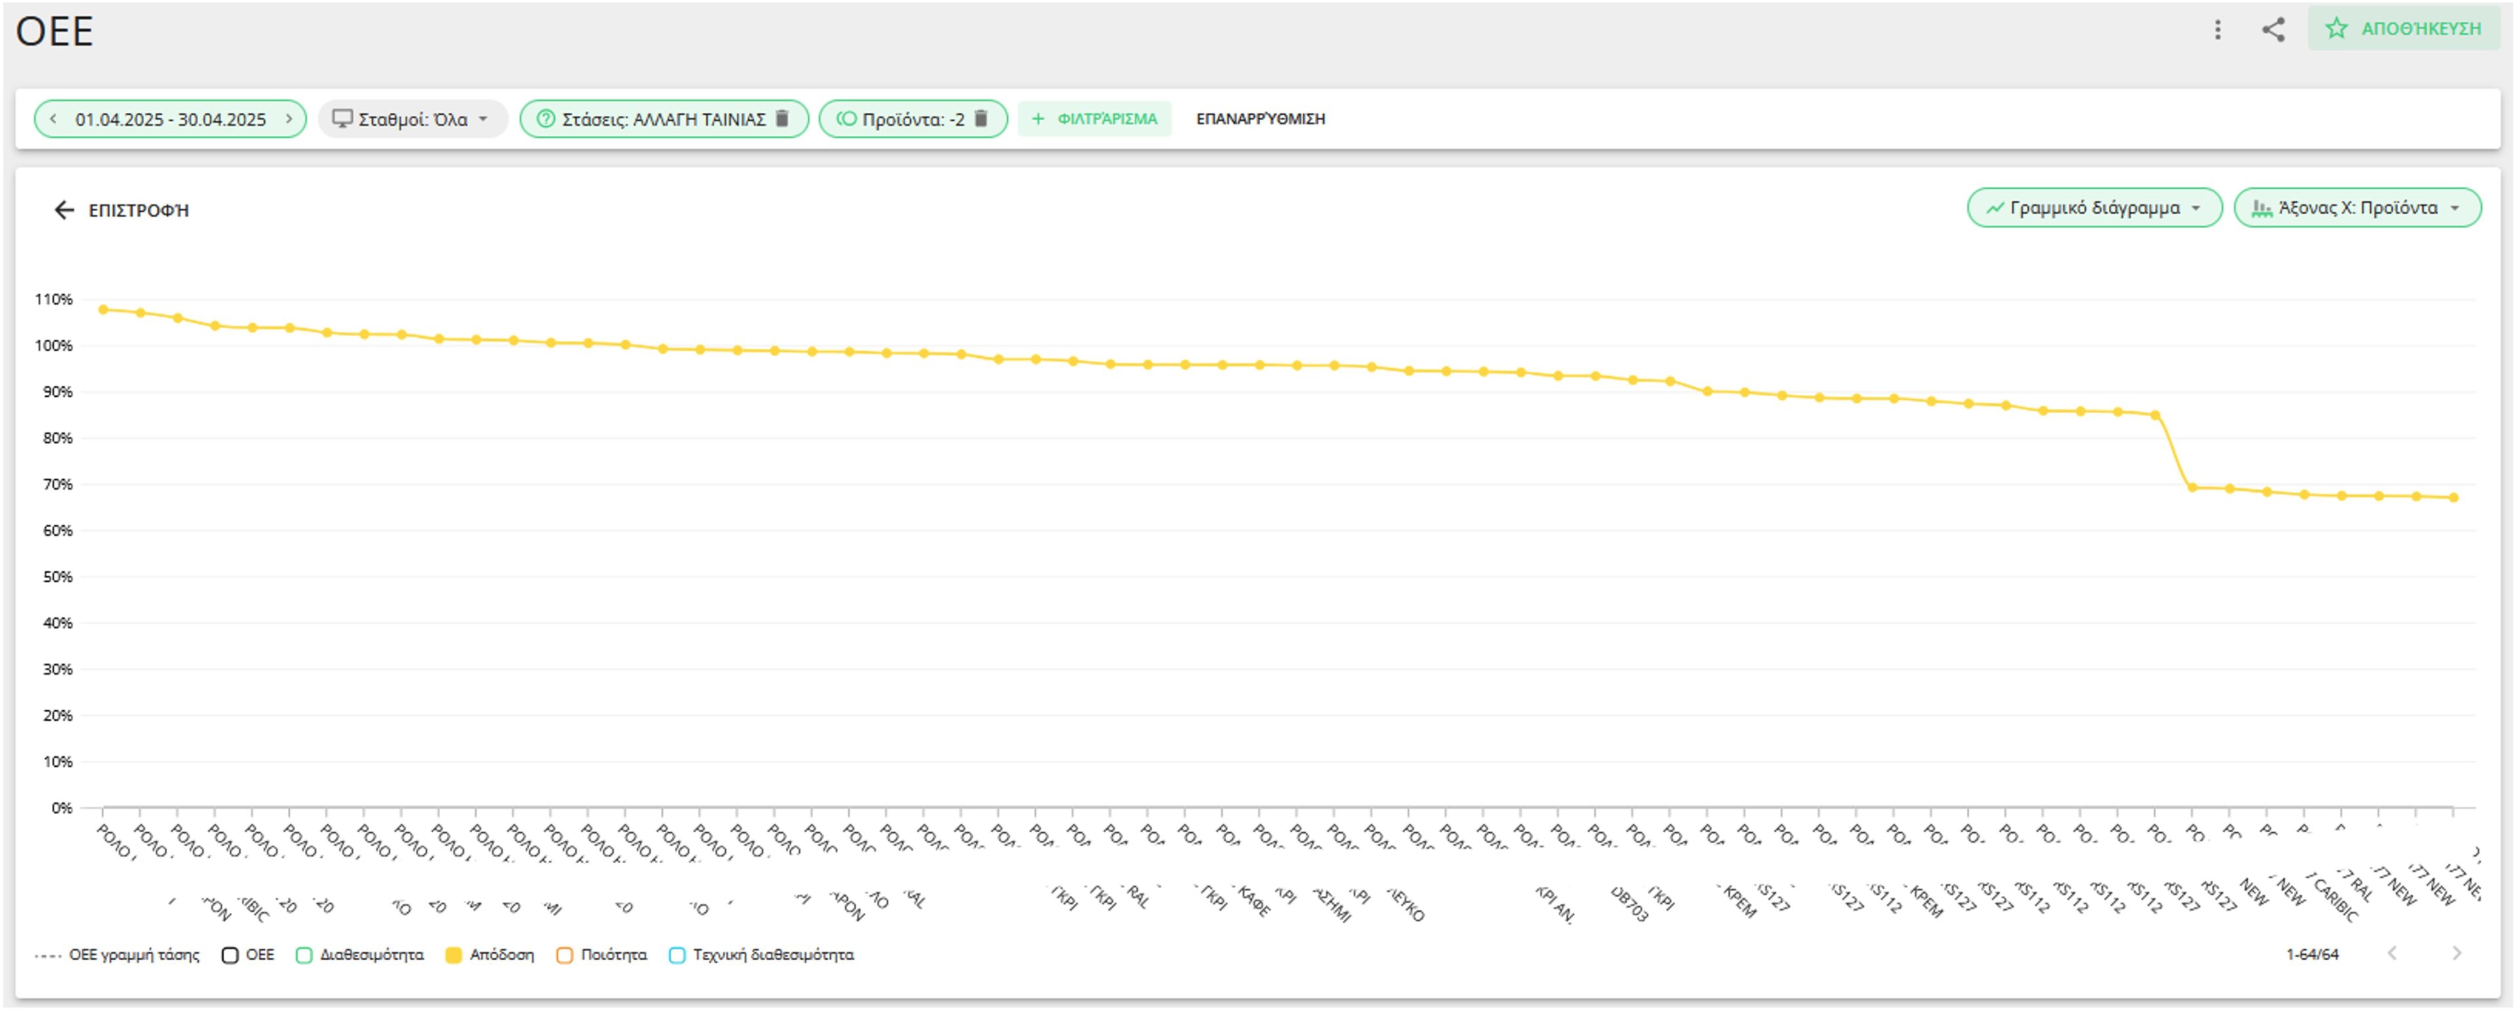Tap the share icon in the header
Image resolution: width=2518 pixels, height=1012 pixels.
click(x=2273, y=30)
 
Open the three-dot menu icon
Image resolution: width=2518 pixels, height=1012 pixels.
click(x=2218, y=30)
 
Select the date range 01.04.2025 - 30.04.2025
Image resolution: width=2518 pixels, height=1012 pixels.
click(x=170, y=119)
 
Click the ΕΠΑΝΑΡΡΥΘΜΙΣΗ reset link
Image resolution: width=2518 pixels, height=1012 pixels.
click(x=1260, y=119)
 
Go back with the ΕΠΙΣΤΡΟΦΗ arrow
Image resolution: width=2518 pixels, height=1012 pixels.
click(x=64, y=211)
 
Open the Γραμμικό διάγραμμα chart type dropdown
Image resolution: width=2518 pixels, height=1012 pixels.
click(x=2094, y=209)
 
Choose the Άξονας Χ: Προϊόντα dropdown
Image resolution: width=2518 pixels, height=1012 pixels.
click(x=2357, y=209)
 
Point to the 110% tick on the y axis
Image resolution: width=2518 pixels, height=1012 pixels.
click(x=54, y=299)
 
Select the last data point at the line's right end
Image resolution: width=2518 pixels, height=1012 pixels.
click(x=2454, y=498)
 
